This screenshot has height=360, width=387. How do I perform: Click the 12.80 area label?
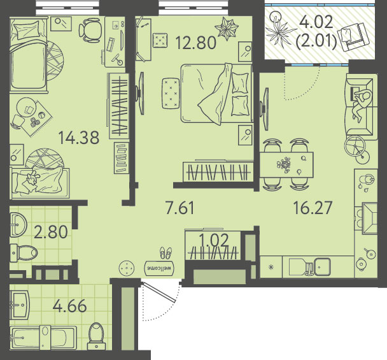tap(195, 42)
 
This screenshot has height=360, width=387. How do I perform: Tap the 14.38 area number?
tap(79, 138)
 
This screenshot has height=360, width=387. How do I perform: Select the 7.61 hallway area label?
tap(180, 208)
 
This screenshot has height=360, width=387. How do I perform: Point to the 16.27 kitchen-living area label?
tap(313, 208)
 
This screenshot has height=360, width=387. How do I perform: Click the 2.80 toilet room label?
tap(50, 232)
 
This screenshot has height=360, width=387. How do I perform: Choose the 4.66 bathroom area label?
tap(70, 306)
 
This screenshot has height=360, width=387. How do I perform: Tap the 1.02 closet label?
tap(215, 240)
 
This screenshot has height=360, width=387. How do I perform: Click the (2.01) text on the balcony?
tap(316, 41)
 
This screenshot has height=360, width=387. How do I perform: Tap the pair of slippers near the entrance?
tap(166, 253)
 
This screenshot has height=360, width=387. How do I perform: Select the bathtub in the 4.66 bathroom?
tap(43, 338)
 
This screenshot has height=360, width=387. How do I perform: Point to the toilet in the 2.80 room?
tap(24, 253)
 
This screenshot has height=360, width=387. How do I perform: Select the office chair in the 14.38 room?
tap(90, 30)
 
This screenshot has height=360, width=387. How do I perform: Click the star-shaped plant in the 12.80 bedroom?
tap(227, 28)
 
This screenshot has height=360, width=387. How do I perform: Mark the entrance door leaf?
tap(159, 292)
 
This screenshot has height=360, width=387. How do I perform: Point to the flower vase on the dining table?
tap(284, 164)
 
